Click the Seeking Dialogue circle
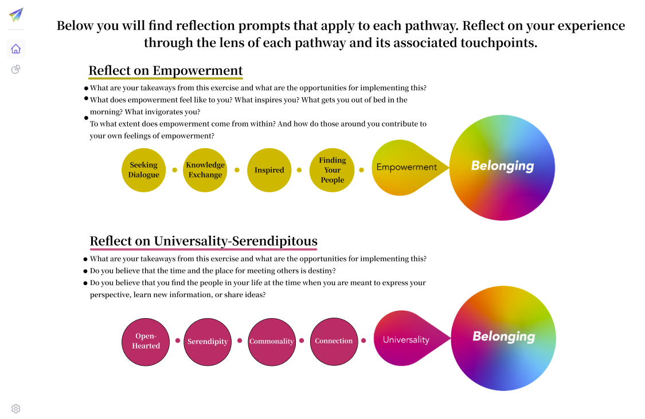pyautogui.click(x=143, y=170)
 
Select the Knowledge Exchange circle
pyautogui.click(x=205, y=170)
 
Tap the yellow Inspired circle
pyautogui.click(x=269, y=170)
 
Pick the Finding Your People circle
pyautogui.click(x=332, y=170)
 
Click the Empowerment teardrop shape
pyautogui.click(x=404, y=167)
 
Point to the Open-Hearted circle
pyautogui.click(x=146, y=341)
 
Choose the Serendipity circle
pyautogui.click(x=208, y=341)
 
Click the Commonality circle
pyautogui.click(x=271, y=341)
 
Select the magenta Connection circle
pyautogui.click(x=334, y=341)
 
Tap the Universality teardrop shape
pyautogui.click(x=406, y=339)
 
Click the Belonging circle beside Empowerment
pyautogui.click(x=502, y=167)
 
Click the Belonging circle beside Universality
pyautogui.click(x=503, y=337)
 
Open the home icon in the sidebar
pyautogui.click(x=16, y=49)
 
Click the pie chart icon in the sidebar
pyautogui.click(x=16, y=70)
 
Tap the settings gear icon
pyautogui.click(x=16, y=409)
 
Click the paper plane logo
pyautogui.click(x=16, y=15)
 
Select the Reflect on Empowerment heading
pyautogui.click(x=166, y=71)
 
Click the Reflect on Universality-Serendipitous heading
pyautogui.click(x=204, y=241)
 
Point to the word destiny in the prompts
pyautogui.click(x=322, y=271)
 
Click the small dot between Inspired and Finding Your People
pyautogui.click(x=299, y=170)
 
